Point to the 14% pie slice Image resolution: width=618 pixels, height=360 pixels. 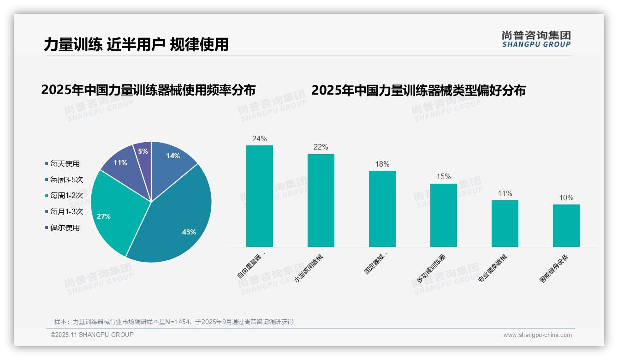(x=171, y=162)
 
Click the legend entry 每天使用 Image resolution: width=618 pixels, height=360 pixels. (x=65, y=163)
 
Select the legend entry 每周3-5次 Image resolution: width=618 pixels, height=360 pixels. (x=66, y=180)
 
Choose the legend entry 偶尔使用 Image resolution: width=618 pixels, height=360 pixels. (x=65, y=228)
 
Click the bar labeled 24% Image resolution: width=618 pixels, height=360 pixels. (x=260, y=196)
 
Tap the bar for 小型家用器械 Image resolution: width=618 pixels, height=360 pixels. (x=321, y=200)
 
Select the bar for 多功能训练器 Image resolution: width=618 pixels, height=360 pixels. (x=444, y=215)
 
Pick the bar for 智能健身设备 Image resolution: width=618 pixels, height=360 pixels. (x=566, y=226)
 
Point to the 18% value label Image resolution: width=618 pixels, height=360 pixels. (x=382, y=164)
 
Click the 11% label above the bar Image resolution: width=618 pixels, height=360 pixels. (x=505, y=194)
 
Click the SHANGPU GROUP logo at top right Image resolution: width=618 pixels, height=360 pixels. (x=536, y=39)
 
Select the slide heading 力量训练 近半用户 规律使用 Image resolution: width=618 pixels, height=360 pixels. (x=136, y=44)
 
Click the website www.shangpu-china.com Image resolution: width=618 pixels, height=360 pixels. (x=537, y=335)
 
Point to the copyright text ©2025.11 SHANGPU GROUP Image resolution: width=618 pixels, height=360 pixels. (x=92, y=335)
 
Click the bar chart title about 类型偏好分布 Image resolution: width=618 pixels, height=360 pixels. (x=418, y=90)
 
